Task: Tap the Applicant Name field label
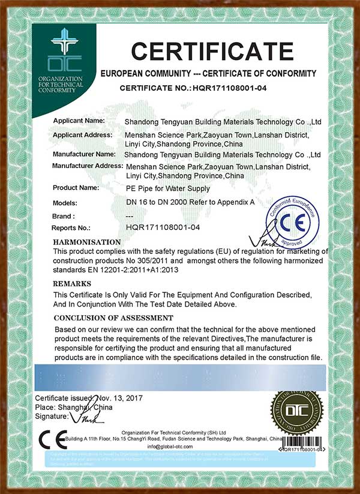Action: click(x=79, y=121)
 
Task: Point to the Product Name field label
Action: click(x=76, y=188)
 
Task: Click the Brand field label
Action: click(x=64, y=215)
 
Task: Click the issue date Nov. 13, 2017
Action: click(x=118, y=398)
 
